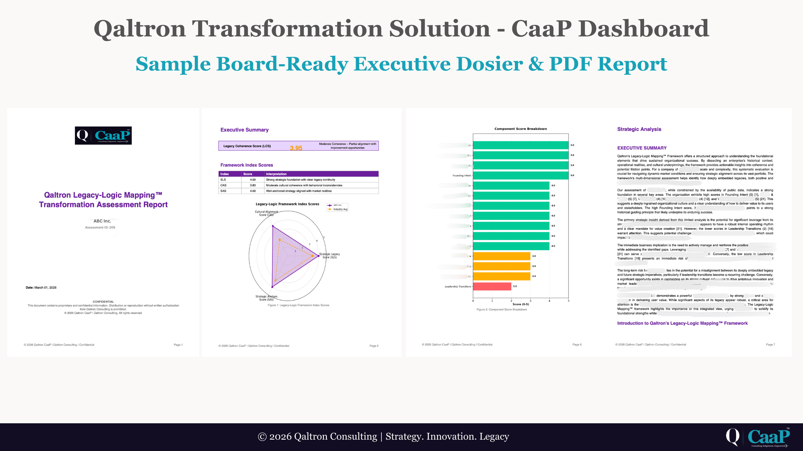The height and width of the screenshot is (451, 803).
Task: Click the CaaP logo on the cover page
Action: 103,135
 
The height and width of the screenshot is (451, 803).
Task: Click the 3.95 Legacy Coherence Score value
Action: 296,148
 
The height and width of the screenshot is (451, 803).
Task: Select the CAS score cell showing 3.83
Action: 253,185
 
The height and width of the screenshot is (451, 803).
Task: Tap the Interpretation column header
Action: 276,174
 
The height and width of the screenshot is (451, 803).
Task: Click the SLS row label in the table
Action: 223,180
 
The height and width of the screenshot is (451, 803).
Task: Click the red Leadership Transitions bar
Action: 492,286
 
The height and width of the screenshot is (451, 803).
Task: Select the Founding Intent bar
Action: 520,175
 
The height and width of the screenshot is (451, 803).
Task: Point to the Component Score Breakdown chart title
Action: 521,129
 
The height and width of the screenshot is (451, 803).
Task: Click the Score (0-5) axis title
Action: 521,304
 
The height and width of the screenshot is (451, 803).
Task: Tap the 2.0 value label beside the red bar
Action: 515,286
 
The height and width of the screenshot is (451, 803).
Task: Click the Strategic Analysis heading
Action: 639,129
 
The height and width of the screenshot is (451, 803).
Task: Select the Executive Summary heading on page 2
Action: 244,130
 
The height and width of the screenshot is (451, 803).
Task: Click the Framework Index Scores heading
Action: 247,165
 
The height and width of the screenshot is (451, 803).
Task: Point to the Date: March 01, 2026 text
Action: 41,288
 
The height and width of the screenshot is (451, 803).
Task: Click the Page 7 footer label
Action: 770,344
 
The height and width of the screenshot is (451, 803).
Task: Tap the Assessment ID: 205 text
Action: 100,228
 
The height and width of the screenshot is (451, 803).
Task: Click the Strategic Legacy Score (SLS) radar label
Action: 330,256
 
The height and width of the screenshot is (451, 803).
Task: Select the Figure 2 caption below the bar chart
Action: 502,310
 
